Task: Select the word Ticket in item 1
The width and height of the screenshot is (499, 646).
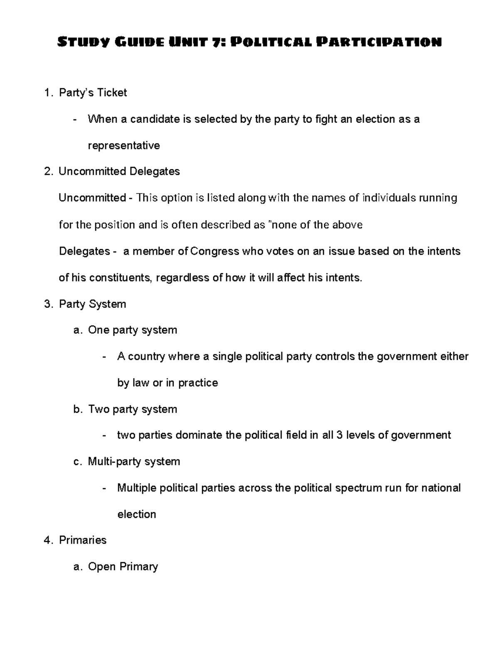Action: (x=111, y=92)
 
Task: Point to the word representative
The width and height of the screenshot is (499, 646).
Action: (x=124, y=146)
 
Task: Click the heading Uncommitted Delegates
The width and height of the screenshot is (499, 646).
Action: (x=119, y=171)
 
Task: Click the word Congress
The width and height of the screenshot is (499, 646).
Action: (x=215, y=251)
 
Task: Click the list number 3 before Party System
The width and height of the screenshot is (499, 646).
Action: (x=47, y=304)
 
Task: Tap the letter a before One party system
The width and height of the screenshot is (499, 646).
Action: (x=76, y=330)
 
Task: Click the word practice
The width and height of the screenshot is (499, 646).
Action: (x=198, y=383)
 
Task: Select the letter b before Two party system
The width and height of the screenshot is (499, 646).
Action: (x=76, y=409)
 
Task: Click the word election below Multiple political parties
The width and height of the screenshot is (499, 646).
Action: (x=137, y=515)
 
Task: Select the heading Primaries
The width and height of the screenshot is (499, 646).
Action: (x=83, y=540)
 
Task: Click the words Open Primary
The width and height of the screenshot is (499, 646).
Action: (x=123, y=567)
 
